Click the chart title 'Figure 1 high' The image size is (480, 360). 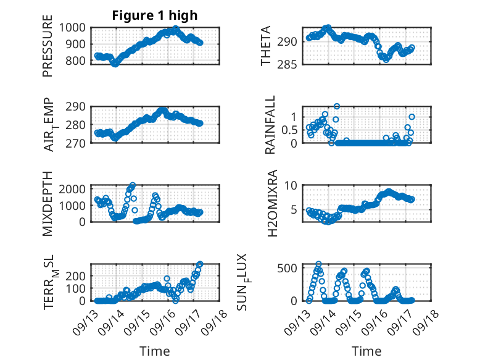(154, 15)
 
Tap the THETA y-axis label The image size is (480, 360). (266, 46)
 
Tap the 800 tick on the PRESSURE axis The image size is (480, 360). (77, 61)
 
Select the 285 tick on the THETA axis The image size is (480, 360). (291, 64)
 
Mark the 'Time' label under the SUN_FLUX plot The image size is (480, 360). (366, 351)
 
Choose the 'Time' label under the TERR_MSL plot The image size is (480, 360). (154, 351)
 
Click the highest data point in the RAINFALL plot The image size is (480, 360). (337, 106)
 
